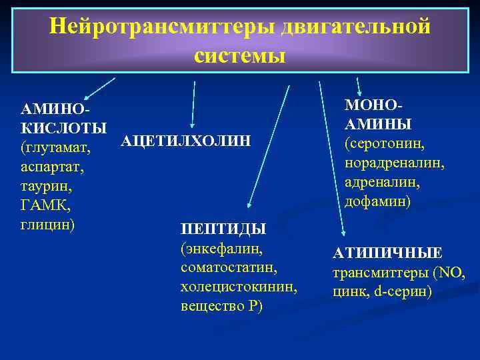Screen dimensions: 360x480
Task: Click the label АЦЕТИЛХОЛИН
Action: point(186,140)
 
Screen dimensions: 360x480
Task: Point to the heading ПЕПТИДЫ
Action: point(223,229)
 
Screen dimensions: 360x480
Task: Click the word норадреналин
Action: point(394,163)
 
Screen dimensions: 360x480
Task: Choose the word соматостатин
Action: point(229,267)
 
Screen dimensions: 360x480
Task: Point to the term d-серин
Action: point(405,291)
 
